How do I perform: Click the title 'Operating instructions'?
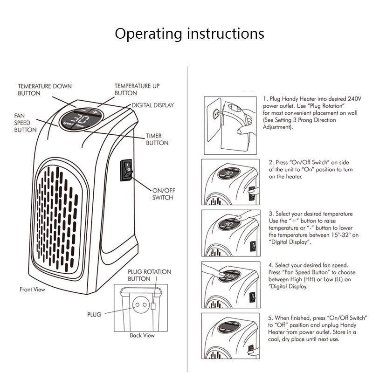[x=189, y=34]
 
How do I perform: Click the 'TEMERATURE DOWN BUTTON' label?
[x=45, y=90]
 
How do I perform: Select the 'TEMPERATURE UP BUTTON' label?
[x=137, y=90]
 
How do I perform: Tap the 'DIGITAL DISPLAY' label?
[x=152, y=105]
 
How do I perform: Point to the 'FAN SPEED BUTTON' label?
[x=25, y=122]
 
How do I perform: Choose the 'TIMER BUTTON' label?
[x=157, y=139]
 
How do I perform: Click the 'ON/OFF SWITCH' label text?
[x=162, y=194]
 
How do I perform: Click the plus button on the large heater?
[x=95, y=112]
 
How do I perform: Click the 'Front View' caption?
[x=32, y=290]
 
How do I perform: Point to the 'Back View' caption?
[x=142, y=335]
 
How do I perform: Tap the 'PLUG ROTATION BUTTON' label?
[x=149, y=275]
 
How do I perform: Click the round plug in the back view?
[x=139, y=306]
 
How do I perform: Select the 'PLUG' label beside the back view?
[x=94, y=315]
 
